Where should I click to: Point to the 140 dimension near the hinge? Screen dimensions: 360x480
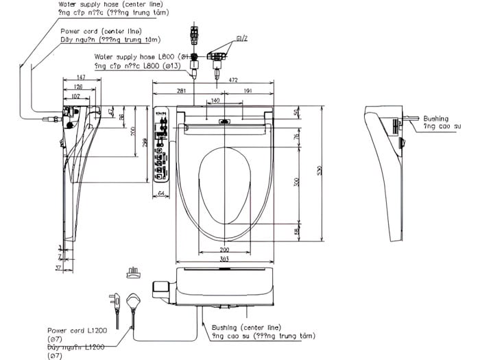(215, 101)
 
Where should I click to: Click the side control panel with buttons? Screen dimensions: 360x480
(162, 145)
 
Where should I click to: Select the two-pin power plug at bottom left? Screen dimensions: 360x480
(116, 302)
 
